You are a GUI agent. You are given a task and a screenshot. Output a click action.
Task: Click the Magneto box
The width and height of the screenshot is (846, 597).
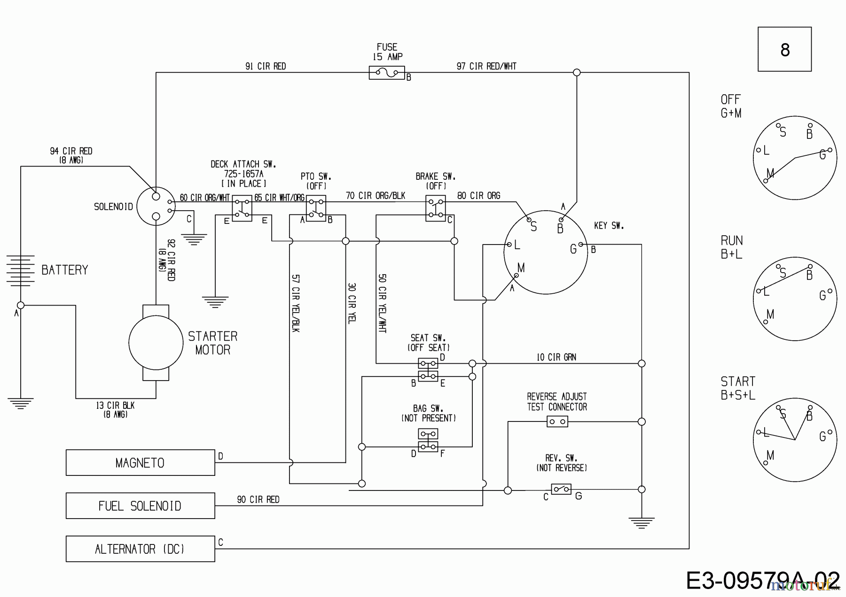pos(140,463)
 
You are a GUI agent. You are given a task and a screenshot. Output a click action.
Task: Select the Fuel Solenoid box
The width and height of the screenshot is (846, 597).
pos(140,505)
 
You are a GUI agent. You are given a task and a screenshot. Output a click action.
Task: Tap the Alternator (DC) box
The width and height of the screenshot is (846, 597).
pos(140,549)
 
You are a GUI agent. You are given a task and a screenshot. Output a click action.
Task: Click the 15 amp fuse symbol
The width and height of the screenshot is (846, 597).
pos(387,73)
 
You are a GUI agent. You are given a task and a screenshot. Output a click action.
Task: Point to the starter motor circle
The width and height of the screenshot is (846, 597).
pos(156,343)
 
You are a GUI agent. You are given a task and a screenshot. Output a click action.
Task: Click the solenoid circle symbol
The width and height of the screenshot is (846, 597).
pos(156,206)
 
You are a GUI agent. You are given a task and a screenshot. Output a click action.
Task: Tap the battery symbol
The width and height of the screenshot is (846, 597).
pos(20,270)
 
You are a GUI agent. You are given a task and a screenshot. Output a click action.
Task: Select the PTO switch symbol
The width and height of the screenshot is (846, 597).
pos(316,208)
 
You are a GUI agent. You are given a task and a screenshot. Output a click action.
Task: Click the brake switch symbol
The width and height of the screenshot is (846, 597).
pos(435,208)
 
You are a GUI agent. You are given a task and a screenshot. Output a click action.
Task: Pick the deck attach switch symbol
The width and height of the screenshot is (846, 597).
pos(242,208)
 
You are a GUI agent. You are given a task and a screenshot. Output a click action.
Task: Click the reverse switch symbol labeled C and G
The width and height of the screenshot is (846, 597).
pos(561,490)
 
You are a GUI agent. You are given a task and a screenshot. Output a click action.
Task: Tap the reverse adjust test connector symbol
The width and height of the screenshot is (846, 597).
pos(557,421)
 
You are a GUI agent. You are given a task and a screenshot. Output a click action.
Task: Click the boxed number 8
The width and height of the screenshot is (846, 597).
pos(784,49)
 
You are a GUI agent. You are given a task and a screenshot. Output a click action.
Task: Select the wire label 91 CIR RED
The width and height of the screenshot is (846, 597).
pos(266,66)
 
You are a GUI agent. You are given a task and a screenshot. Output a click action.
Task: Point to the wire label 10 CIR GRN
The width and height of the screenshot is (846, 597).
pos(556,357)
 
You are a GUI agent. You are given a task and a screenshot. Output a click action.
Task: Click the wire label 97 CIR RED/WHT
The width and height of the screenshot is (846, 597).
pos(486,66)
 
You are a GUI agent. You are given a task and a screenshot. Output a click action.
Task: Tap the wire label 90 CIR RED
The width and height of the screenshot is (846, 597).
pos(258,500)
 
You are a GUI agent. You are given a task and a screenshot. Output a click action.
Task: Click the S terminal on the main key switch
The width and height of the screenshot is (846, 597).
pos(529,220)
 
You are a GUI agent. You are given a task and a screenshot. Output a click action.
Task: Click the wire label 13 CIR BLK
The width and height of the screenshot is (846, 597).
pos(115,406)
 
